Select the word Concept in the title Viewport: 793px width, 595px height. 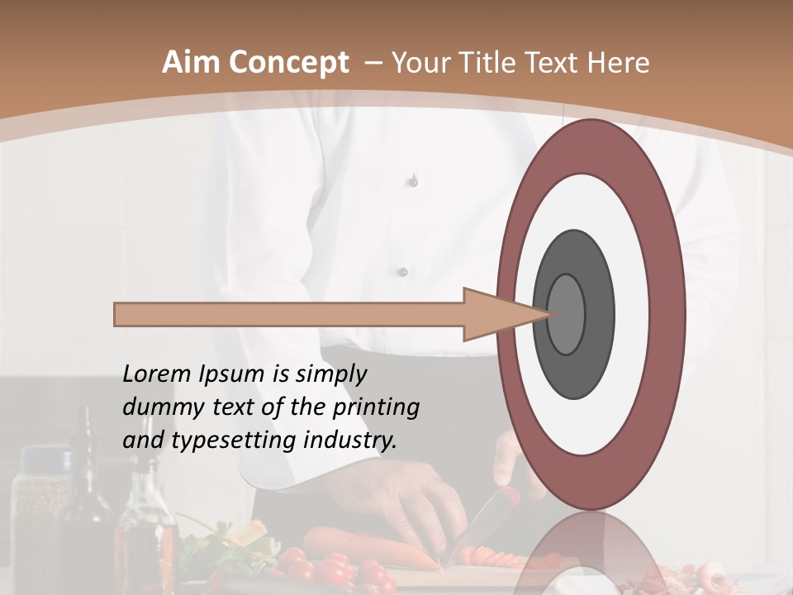pos(288,63)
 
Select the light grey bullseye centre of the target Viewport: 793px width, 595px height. pos(567,314)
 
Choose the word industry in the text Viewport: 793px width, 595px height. pos(351,440)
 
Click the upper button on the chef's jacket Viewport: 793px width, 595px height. pos(413,181)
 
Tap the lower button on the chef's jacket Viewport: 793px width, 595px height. pos(403,271)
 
